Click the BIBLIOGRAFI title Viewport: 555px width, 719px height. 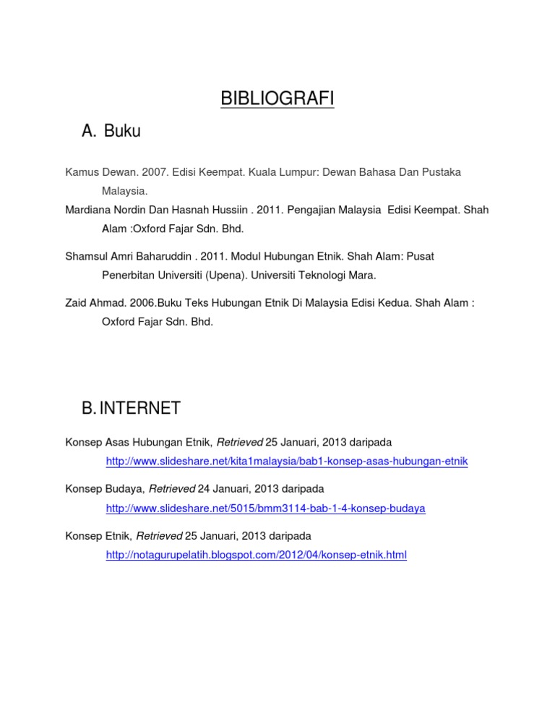[277, 98]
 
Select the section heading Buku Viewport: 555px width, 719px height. [122, 131]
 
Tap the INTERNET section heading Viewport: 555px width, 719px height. [140, 409]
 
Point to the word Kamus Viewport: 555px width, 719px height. [79, 173]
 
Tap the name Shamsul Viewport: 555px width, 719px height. [86, 257]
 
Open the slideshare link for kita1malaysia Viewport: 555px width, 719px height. [287, 461]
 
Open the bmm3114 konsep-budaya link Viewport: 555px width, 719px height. [265, 509]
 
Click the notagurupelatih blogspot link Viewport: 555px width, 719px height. [256, 556]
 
